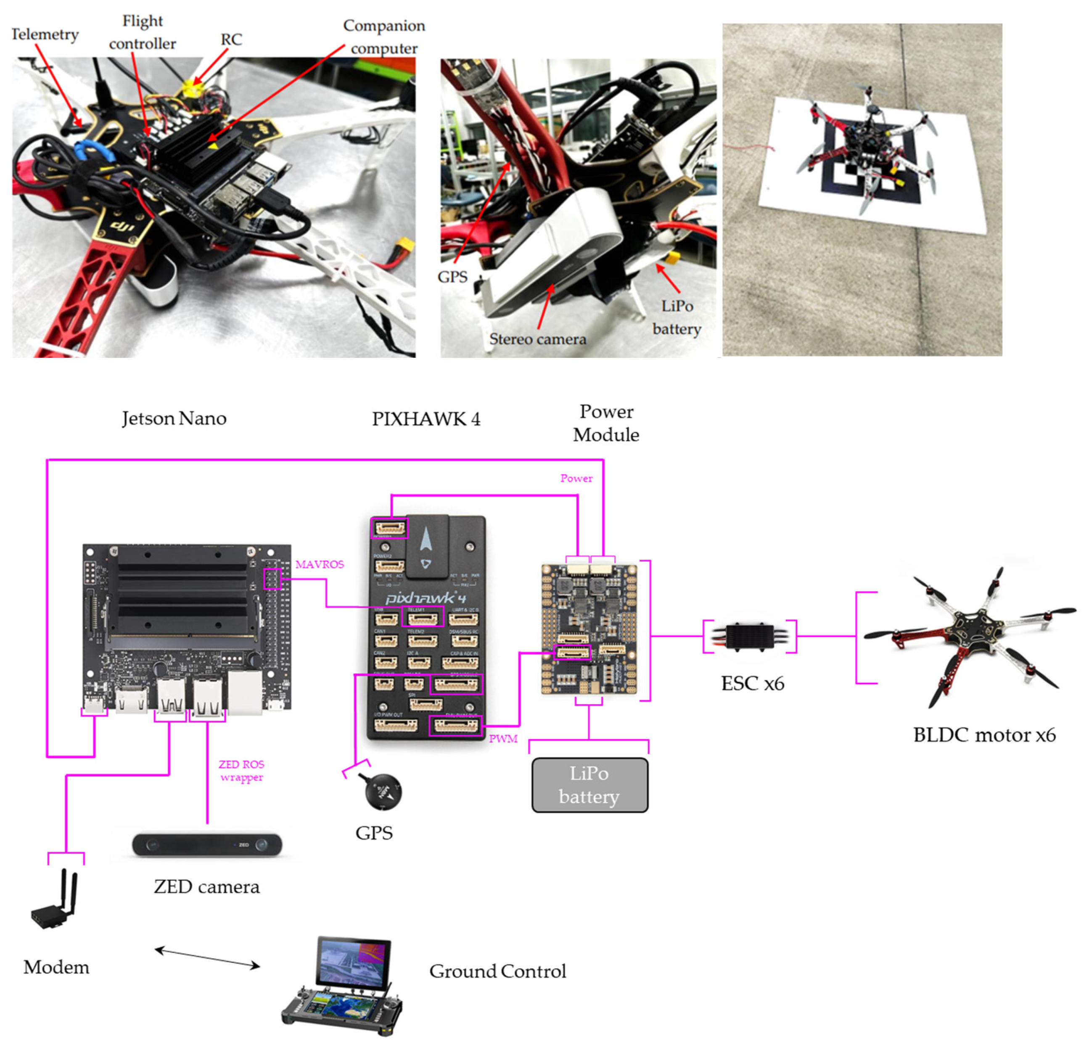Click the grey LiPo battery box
(x=589, y=785)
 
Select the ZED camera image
(x=207, y=845)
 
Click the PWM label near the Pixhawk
(x=503, y=738)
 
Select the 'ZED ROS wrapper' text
(x=241, y=771)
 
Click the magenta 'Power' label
(x=576, y=479)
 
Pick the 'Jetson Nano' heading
(x=174, y=418)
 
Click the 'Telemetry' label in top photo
(x=45, y=34)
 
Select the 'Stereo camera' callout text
(x=537, y=339)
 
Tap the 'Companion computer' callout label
(x=384, y=37)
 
